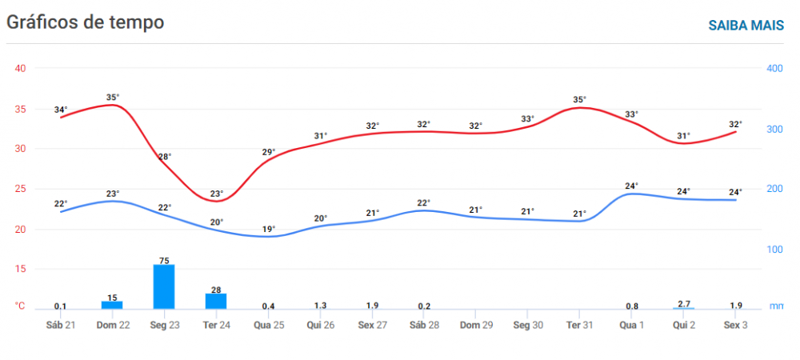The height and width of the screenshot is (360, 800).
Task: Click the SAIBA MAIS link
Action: click(x=746, y=25)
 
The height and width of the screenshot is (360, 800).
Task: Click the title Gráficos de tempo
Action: click(x=86, y=22)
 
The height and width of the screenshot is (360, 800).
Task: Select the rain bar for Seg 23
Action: click(x=164, y=286)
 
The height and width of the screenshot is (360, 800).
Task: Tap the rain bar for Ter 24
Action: click(x=216, y=301)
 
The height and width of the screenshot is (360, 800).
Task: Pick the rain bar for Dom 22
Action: click(x=112, y=305)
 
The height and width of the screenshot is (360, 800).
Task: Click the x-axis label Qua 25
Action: click(x=268, y=325)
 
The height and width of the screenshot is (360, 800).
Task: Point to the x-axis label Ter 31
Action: click(x=580, y=325)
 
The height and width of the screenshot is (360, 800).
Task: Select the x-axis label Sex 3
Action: click(x=736, y=325)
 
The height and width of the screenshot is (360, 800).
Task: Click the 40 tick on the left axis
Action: click(x=21, y=68)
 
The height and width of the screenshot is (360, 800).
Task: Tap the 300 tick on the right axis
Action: click(x=774, y=129)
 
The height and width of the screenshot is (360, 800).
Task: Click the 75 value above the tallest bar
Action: click(x=164, y=259)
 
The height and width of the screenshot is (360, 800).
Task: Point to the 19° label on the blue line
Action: click(x=269, y=229)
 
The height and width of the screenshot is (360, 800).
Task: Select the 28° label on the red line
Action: click(x=165, y=157)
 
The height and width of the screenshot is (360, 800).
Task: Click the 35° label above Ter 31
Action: click(x=580, y=100)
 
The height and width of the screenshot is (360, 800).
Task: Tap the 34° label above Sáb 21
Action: click(x=61, y=110)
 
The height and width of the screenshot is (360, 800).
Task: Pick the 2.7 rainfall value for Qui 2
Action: click(x=684, y=304)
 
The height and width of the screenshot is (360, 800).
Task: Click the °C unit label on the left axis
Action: click(x=20, y=306)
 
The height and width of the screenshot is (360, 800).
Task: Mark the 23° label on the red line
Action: click(x=217, y=193)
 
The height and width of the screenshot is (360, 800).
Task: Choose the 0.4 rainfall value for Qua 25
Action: click(x=269, y=306)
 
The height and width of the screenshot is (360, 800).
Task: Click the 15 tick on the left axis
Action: click(x=21, y=270)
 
